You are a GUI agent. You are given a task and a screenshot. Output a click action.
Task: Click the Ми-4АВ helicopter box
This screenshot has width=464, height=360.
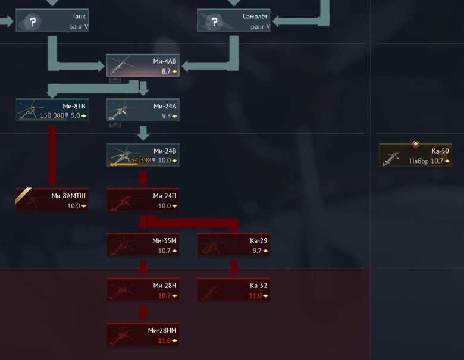(x=143, y=65)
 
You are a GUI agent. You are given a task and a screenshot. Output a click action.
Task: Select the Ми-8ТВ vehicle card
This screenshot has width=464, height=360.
(x=52, y=110)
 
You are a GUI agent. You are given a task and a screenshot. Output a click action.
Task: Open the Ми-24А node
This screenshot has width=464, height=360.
(x=143, y=110)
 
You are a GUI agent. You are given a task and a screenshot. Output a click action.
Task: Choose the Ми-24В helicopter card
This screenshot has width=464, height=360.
(x=143, y=155)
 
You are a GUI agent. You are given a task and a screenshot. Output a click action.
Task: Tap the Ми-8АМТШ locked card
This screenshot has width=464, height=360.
(x=52, y=200)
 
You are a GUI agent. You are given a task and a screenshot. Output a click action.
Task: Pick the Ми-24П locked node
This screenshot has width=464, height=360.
(x=143, y=200)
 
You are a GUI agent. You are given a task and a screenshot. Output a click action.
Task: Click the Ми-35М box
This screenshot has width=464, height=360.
(x=143, y=245)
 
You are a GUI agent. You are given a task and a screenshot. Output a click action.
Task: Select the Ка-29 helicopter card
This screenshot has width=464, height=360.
(x=234, y=245)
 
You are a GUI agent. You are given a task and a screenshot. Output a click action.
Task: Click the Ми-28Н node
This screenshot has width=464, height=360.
(x=143, y=290)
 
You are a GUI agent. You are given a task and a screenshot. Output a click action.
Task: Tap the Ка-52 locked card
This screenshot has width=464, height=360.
(x=234, y=290)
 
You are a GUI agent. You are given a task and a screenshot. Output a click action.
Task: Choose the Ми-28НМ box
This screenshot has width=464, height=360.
(x=143, y=334)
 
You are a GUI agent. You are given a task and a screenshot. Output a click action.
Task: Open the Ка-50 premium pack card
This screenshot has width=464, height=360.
(x=415, y=155)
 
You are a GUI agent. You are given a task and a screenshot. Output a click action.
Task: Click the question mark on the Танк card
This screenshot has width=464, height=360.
(x=33, y=22)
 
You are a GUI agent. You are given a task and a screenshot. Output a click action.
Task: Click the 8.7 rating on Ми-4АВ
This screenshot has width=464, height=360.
(x=166, y=71)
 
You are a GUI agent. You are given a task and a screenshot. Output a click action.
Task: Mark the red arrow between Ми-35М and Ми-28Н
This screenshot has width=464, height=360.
(x=143, y=268)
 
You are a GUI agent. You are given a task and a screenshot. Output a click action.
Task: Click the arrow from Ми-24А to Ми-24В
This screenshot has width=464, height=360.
(x=143, y=133)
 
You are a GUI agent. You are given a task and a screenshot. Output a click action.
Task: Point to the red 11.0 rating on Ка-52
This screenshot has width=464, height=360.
(x=255, y=296)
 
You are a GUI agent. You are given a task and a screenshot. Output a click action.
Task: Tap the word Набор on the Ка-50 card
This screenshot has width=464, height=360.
(x=419, y=161)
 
